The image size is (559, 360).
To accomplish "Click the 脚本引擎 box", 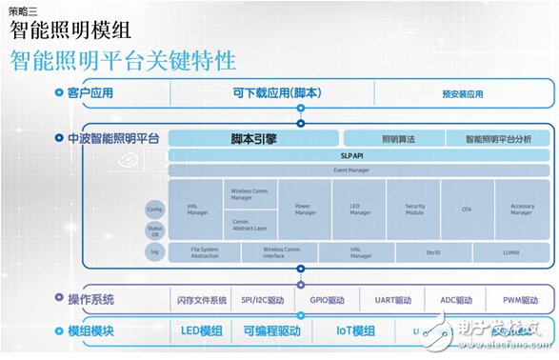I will (253, 138).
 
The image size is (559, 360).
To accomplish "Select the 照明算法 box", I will (391, 138).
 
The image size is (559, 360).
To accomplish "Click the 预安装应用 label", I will (463, 94).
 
